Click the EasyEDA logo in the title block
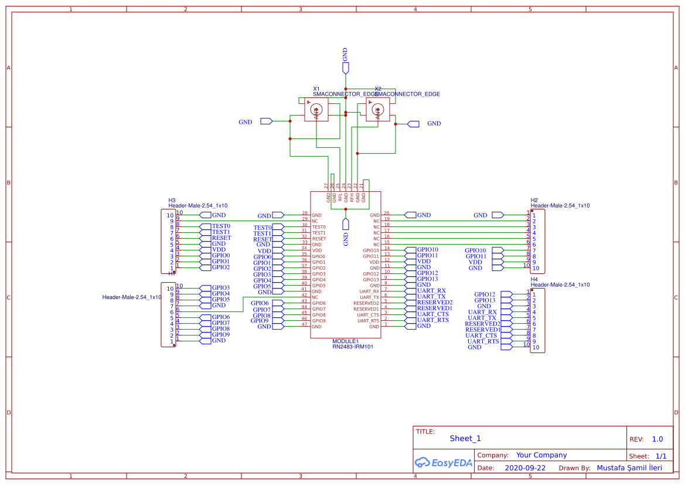(443, 463)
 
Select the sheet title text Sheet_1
(465, 439)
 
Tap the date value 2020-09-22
(525, 468)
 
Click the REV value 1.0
(657, 439)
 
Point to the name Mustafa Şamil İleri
(629, 468)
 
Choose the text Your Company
(541, 455)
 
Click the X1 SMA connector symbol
(316, 110)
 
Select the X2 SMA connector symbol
(377, 110)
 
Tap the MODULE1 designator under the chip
(345, 341)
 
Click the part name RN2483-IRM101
(353, 347)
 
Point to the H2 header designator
(534, 200)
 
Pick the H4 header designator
(534, 279)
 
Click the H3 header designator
(172, 200)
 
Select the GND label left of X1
(246, 122)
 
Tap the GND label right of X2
(434, 124)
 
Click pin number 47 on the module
(304, 324)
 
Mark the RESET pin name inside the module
(319, 239)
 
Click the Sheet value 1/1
(660, 456)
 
